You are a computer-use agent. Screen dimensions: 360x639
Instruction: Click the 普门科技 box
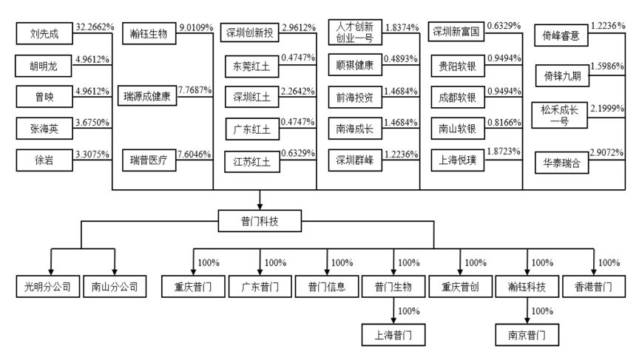coord(259,220)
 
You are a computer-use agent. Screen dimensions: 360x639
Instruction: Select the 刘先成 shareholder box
coord(44,33)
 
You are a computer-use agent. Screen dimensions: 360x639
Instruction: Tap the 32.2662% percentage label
coord(95,27)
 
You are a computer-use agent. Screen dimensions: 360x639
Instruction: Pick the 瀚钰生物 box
coord(147,33)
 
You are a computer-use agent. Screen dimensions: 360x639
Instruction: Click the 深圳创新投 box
coord(251,33)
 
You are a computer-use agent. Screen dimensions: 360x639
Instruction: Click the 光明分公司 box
coord(50,286)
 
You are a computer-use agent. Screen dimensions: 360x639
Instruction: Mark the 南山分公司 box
coord(115,286)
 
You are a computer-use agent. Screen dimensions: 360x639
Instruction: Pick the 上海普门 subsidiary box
coord(395,336)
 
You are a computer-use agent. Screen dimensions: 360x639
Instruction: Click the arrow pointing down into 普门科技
coord(259,201)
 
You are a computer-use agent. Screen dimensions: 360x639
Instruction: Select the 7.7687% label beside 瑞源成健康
coord(196,90)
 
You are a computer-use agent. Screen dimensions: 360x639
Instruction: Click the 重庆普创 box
coord(461,286)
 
